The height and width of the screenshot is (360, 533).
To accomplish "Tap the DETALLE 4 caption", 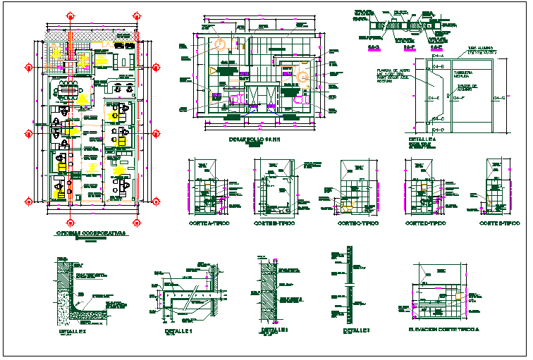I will pos(422,139).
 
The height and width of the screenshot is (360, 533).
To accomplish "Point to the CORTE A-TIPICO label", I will pos(212,223).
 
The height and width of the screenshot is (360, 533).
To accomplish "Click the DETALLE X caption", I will pos(73,330).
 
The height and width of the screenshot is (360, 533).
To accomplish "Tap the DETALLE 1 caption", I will pos(178,330).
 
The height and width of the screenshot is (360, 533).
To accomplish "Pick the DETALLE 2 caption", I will pos(275,330).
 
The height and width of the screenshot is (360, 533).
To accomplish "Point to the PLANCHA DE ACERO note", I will pos(393,71).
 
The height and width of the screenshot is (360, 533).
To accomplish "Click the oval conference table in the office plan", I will pos(69,88).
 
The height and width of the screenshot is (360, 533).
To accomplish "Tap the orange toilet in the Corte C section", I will pos(348,206).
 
